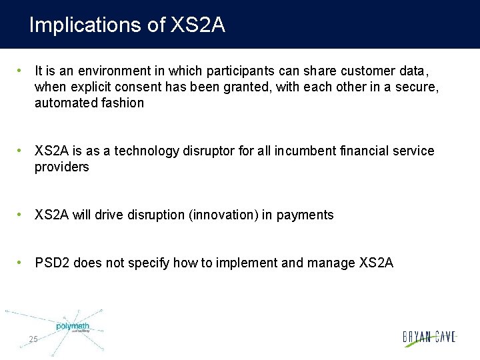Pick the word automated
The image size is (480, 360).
65,103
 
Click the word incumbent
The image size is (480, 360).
303,151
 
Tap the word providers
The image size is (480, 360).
61,167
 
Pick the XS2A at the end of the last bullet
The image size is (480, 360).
376,263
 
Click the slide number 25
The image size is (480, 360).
33,340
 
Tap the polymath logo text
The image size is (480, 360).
72,326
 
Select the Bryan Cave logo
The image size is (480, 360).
429,337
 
